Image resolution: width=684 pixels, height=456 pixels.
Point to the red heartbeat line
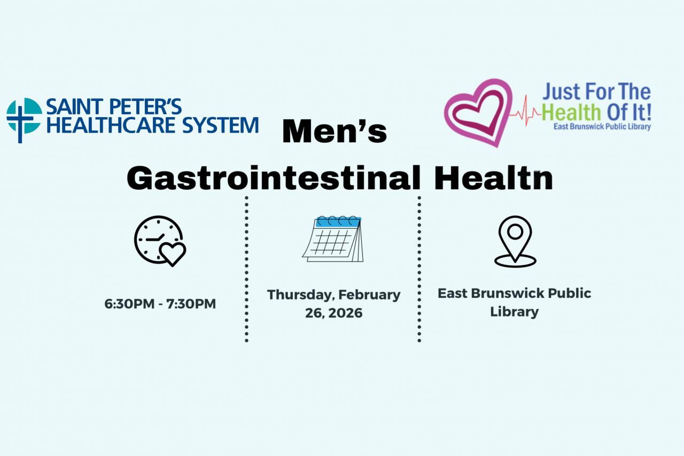[x=526, y=111]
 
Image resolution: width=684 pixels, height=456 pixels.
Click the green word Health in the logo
[x=568, y=112]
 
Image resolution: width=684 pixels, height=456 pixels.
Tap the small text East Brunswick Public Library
[x=602, y=127]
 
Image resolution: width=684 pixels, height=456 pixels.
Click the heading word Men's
[x=334, y=132]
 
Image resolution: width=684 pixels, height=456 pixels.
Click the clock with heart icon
[x=160, y=241]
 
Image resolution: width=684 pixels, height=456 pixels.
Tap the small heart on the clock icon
[x=173, y=253]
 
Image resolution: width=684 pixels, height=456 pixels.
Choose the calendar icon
[x=333, y=238]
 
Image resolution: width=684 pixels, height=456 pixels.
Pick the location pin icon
[x=515, y=241]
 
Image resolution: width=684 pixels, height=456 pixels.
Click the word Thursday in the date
[x=300, y=295]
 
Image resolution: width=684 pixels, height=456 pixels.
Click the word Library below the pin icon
[x=514, y=312]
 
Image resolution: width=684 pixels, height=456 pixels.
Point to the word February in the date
[x=369, y=295]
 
